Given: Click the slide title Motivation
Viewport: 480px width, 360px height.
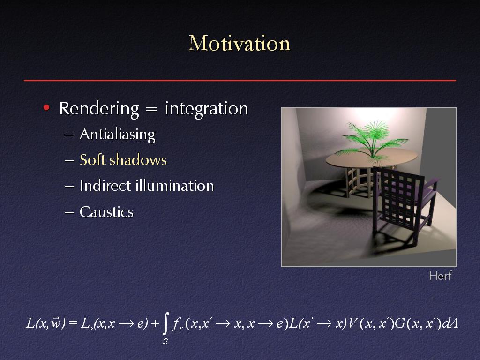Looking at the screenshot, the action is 239,43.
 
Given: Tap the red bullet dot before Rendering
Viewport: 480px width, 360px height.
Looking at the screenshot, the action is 46,107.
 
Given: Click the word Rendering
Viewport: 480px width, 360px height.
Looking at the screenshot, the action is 99,109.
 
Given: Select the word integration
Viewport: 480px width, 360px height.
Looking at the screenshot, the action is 206,109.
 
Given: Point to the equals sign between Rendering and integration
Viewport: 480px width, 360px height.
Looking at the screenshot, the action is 151,109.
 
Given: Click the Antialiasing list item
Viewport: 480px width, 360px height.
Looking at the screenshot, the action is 118,135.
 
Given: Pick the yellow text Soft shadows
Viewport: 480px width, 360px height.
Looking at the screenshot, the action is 123,160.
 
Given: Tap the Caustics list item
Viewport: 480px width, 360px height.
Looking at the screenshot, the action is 106,212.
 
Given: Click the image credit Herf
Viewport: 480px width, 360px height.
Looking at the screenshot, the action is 440,276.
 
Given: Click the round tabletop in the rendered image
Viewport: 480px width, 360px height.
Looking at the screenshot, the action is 371,158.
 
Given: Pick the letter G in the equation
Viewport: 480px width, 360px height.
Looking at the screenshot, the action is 400,323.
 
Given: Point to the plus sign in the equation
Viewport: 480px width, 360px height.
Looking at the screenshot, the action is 155,323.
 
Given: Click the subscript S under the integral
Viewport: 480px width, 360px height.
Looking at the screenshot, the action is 165,341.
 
